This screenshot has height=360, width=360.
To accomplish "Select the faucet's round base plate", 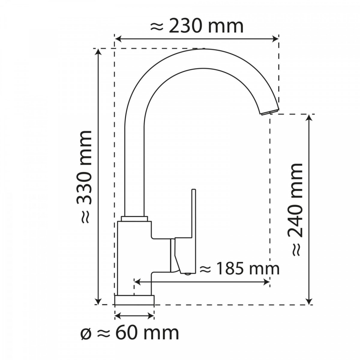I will pyautogui.click(x=134, y=300).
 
